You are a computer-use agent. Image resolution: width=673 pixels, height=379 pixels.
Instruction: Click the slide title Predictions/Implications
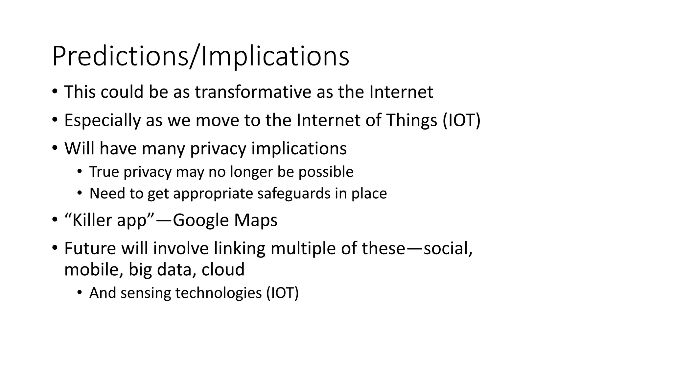200,57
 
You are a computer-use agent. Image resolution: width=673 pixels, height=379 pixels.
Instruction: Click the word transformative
253,92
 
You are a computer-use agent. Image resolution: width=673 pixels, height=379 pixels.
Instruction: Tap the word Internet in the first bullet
401,92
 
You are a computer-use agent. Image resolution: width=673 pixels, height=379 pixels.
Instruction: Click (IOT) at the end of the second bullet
461,120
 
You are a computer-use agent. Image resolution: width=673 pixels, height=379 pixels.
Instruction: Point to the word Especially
102,120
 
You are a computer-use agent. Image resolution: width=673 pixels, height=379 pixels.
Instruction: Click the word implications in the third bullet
299,148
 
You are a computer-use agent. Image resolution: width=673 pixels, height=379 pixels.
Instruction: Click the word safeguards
293,193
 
